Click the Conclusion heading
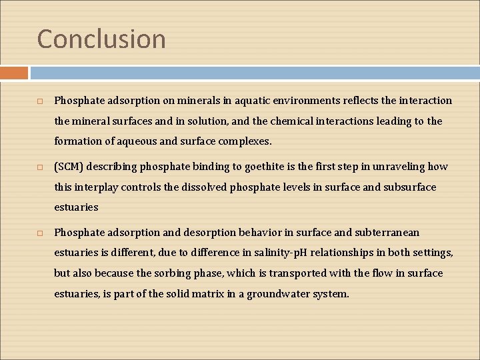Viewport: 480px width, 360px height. pyautogui.click(x=101, y=39)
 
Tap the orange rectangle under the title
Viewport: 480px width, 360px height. pyautogui.click(x=14, y=73)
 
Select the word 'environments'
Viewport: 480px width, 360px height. pyautogui.click(x=303, y=101)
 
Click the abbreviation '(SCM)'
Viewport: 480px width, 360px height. pyautogui.click(x=70, y=167)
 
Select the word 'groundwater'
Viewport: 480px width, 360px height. pyautogui.click(x=278, y=293)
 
